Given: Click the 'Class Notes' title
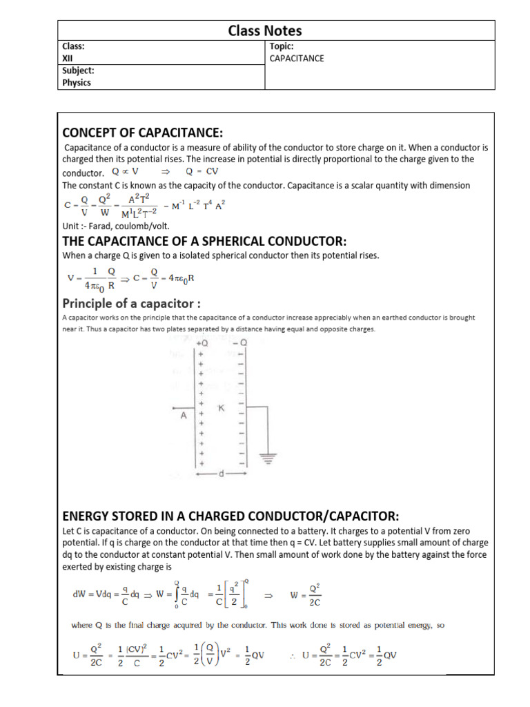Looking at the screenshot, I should click(x=265, y=30).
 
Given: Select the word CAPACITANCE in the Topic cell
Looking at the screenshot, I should click(x=297, y=59).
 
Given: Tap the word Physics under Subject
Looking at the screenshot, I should click(x=77, y=82).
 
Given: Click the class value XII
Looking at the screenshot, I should click(x=68, y=59).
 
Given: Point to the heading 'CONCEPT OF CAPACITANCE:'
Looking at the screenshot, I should click(x=143, y=132).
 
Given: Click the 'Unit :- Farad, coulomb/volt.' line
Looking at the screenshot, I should click(x=115, y=226).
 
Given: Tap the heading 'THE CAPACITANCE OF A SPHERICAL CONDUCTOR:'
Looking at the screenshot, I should click(x=204, y=240).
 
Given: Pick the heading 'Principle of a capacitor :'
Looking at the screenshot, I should click(x=132, y=303).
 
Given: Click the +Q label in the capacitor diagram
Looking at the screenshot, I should click(x=203, y=343).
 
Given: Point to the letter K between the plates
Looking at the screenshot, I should click(x=222, y=408).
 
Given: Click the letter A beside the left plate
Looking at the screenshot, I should click(x=184, y=416).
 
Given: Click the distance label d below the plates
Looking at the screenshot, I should click(x=222, y=474).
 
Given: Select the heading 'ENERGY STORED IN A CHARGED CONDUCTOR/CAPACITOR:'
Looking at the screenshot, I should click(x=230, y=516).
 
